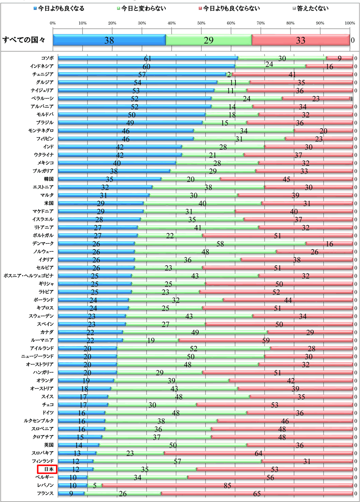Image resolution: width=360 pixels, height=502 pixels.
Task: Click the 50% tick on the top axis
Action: pyautogui.click(x=201, y=23)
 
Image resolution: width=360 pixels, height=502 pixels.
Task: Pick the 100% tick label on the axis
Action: pyautogui.click(x=349, y=23)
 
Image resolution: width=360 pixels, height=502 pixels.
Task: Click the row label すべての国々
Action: pyautogui.click(x=24, y=40)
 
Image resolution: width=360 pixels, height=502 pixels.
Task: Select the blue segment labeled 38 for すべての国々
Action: pyautogui.click(x=109, y=40)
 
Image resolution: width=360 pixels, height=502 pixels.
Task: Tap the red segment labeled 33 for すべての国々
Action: pyautogui.click(x=301, y=40)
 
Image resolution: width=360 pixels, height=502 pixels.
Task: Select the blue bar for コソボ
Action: pyautogui.click(x=148, y=58)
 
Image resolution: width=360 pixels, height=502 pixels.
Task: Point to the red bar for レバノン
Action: pyautogui.click(x=227, y=485)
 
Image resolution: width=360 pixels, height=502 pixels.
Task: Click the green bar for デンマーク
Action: pyautogui.click(x=220, y=243)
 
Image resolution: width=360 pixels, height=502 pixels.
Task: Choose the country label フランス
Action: pyautogui.click(x=45, y=493)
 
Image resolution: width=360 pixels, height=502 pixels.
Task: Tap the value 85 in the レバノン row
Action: pyautogui.click(x=227, y=485)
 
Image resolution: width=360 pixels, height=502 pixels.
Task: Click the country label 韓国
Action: pyautogui.click(x=49, y=179)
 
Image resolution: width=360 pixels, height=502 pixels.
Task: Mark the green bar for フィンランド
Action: pyautogui.click(x=177, y=461)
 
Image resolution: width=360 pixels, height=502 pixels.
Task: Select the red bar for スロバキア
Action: pyautogui.click(x=258, y=453)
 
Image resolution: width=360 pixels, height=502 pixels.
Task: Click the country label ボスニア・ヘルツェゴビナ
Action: pyautogui.click(x=29, y=276)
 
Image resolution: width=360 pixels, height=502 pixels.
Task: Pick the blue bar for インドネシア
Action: pyautogui.click(x=146, y=66)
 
